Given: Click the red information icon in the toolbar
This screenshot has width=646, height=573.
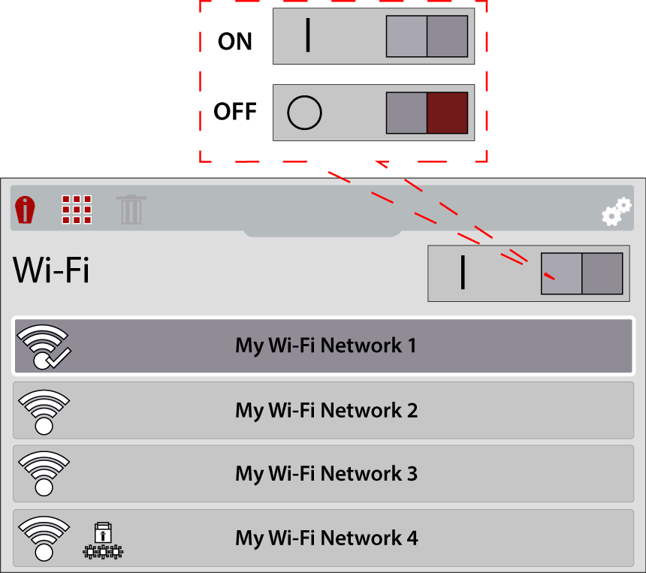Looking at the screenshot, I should (26, 210).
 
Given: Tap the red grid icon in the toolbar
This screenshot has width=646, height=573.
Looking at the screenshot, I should (77, 210).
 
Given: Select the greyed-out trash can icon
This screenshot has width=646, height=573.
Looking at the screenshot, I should (131, 210).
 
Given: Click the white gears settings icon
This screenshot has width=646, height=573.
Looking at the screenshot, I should (617, 212).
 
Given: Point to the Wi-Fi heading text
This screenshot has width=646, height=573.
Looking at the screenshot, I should (51, 270).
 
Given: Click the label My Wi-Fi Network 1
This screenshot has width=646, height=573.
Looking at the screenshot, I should (326, 346).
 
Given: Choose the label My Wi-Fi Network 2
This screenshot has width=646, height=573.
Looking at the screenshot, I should (326, 411).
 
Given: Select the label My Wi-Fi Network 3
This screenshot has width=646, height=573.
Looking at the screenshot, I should (326, 474).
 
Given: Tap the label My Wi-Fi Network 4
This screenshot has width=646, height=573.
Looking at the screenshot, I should (326, 538).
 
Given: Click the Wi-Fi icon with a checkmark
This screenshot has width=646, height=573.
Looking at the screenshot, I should (44, 348).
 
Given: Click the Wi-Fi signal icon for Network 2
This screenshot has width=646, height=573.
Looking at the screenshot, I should (44, 412).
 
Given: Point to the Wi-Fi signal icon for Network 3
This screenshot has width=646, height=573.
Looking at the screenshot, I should (44, 475).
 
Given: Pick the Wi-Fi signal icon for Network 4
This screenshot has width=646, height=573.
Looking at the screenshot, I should (44, 538).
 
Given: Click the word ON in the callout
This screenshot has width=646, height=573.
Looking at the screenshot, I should (235, 42).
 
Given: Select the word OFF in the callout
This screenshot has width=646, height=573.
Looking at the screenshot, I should (235, 113).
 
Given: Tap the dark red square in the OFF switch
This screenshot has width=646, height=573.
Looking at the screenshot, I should (447, 113).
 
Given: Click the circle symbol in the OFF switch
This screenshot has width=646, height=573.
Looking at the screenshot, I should (304, 113).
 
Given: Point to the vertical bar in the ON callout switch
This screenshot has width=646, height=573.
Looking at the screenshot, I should (308, 36).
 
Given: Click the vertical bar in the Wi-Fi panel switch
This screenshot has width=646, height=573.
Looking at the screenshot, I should (463, 272).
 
